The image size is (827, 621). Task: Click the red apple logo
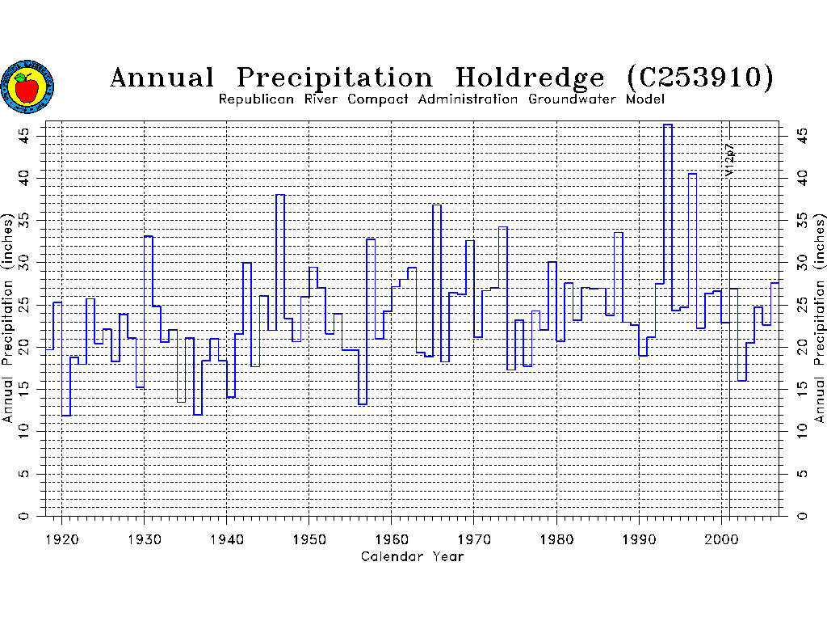click(27, 87)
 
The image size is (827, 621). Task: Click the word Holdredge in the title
click(530, 78)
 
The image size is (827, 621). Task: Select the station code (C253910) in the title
click(700, 78)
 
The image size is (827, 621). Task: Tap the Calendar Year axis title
click(412, 556)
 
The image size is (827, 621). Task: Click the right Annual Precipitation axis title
click(820, 319)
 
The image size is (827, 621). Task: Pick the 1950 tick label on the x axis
click(309, 537)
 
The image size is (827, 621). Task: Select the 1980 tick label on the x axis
click(556, 537)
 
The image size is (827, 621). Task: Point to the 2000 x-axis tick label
click(721, 537)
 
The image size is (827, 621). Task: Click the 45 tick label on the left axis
click(27, 133)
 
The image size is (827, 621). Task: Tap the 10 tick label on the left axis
click(27, 431)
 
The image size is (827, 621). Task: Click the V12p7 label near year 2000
click(728, 160)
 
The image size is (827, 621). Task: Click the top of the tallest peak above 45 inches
click(668, 125)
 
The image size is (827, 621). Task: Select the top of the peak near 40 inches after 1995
click(692, 174)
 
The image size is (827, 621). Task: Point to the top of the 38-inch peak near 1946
click(280, 195)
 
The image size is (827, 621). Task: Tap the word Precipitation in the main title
click(334, 78)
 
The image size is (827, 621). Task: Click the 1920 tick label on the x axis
click(61, 537)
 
